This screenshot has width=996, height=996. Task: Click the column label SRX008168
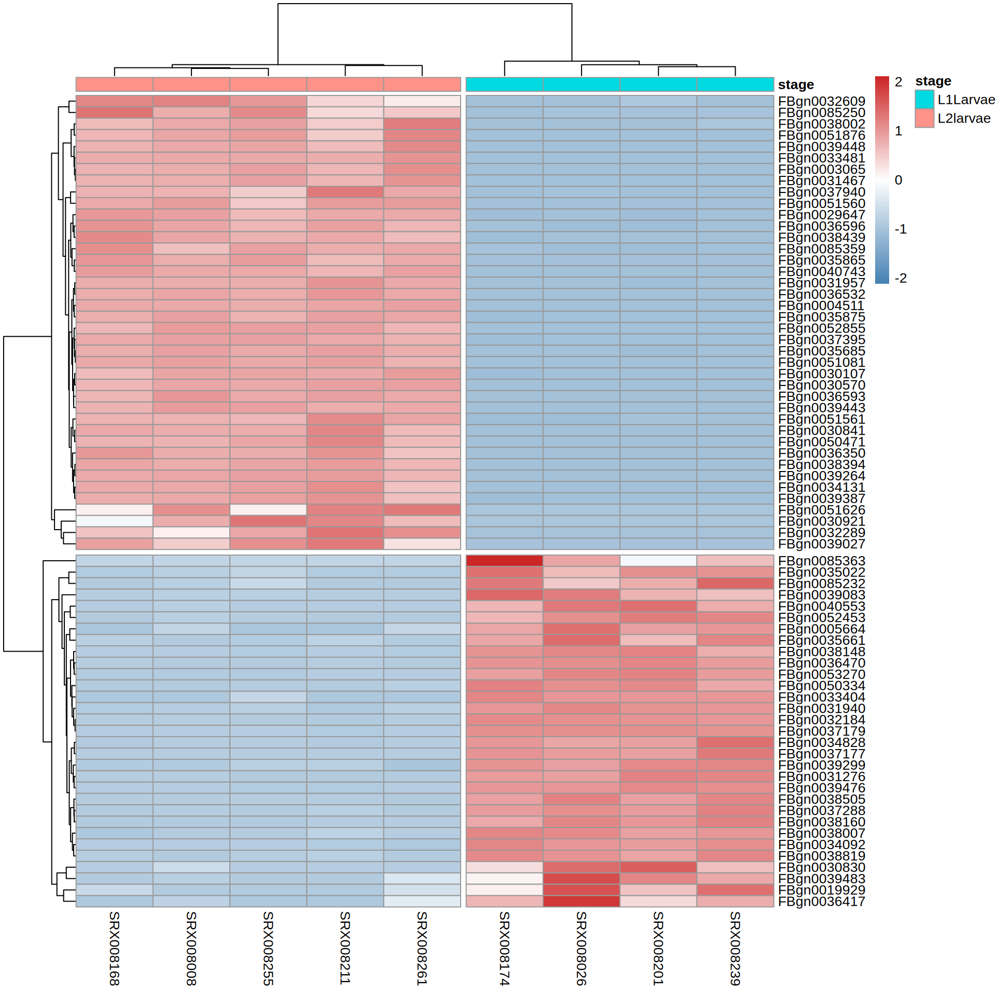click(x=114, y=948)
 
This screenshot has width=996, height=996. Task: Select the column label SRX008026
click(x=581, y=948)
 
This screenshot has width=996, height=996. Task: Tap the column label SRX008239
click(x=735, y=948)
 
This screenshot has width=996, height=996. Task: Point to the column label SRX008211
click(x=345, y=948)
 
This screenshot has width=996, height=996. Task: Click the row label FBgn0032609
click(x=822, y=101)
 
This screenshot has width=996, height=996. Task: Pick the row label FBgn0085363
click(x=822, y=561)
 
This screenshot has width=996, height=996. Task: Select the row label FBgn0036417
click(x=822, y=902)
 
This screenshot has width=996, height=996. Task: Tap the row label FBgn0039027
click(x=822, y=544)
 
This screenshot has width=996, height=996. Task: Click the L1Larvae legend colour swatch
click(x=924, y=99)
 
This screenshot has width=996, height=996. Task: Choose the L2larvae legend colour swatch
click(x=924, y=118)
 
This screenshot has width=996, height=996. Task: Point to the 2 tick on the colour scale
click(x=898, y=82)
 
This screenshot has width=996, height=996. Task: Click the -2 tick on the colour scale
click(x=901, y=278)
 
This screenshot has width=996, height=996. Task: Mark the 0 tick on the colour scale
click(x=898, y=180)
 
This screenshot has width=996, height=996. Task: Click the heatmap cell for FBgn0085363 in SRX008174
click(x=504, y=561)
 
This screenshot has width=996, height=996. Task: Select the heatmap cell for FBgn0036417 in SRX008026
click(x=581, y=901)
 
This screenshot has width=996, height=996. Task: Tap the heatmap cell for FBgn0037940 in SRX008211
click(x=345, y=192)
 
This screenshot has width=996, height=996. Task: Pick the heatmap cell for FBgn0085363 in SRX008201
click(x=658, y=561)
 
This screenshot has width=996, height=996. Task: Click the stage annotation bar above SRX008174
click(x=504, y=84)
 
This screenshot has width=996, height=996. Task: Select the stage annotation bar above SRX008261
click(x=422, y=84)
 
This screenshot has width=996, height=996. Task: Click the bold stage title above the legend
click(x=933, y=81)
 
